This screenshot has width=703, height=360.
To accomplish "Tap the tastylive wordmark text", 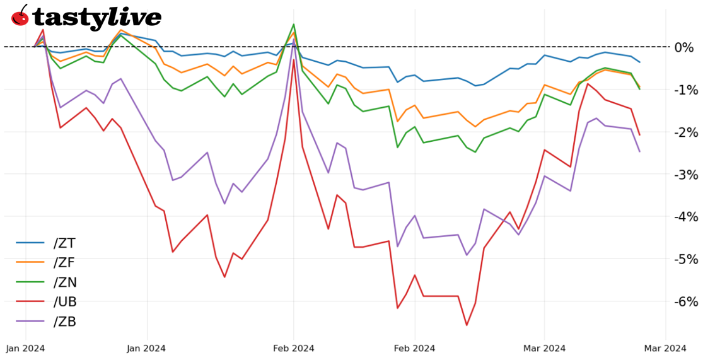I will click(96, 17).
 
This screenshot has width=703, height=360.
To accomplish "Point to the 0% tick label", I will click(685, 47).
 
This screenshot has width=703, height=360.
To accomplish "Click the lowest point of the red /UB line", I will click(467, 325).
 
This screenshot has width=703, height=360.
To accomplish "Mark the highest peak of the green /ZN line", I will click(294, 25).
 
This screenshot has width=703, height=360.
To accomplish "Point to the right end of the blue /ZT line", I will click(640, 62).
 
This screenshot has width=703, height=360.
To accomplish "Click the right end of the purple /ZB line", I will click(640, 151).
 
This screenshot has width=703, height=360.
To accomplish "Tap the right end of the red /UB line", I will click(640, 135).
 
